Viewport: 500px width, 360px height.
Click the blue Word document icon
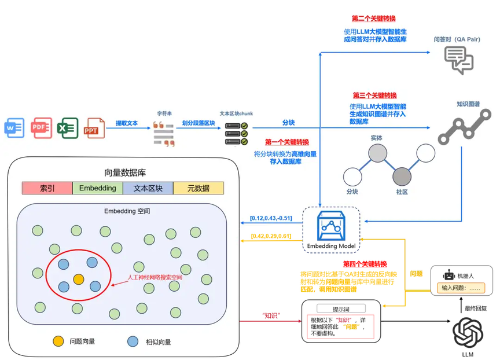tap(14, 128)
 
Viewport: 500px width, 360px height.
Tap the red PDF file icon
tap(42, 128)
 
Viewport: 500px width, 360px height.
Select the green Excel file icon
tap(68, 128)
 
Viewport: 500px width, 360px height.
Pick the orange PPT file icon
tap(94, 128)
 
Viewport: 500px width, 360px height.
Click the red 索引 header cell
tap(47, 188)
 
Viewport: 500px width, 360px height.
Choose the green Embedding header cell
tap(98, 188)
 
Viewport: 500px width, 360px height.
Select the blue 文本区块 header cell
tap(148, 188)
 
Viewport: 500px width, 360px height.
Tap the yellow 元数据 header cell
tap(198, 188)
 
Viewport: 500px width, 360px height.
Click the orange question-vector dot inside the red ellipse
tap(79, 280)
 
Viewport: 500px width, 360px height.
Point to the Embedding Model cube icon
tap(331, 226)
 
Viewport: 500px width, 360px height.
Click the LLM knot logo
tap(468, 333)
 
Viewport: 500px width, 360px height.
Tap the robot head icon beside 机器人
tap(449, 275)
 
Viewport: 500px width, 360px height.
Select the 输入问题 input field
tap(461, 288)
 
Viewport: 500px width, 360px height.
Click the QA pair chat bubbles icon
tap(459, 60)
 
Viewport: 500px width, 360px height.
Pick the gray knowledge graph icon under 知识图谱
tap(465, 127)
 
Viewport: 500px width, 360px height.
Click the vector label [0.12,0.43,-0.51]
tap(271, 218)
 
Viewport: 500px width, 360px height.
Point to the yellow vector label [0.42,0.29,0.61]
tap(271, 236)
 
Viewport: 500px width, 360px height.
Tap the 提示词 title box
tap(341, 309)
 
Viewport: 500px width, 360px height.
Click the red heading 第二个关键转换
tap(374, 19)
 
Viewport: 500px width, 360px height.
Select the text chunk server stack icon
tap(236, 134)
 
